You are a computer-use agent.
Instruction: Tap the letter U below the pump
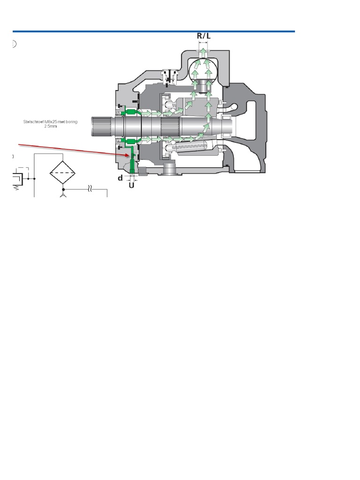[x=132, y=185]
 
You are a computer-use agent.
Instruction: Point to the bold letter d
[x=120, y=178]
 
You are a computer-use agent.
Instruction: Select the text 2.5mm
[x=50, y=126]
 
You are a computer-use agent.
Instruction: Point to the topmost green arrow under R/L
[x=203, y=51]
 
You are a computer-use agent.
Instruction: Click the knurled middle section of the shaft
[x=169, y=127]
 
